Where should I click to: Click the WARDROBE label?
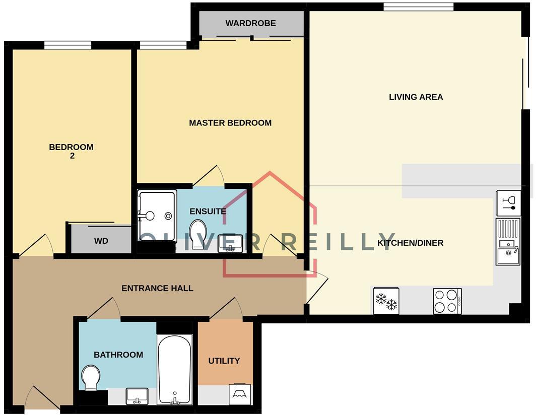pos(250,23)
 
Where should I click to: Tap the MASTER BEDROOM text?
pos(230,123)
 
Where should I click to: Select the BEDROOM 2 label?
pos(71,151)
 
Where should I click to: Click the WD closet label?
pos(101,241)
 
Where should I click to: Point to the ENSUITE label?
pos(208,211)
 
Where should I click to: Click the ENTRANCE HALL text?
pos(157,288)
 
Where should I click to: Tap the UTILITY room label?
pos(224,361)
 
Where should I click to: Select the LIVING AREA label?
pos(416,97)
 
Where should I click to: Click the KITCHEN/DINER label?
pos(411,243)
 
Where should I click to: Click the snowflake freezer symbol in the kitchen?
pos(386,301)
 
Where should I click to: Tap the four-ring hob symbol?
pos(447,301)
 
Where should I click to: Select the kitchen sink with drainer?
pos(508,242)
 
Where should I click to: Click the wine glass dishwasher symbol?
pos(508,202)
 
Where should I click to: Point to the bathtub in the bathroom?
pos(174,369)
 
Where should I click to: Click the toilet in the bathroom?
pos(91,377)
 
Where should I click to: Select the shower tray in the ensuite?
pos(157,215)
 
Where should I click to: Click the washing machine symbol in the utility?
pos(240,394)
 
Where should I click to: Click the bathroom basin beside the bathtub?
pos(137,396)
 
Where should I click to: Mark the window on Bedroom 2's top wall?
pos(68,45)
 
